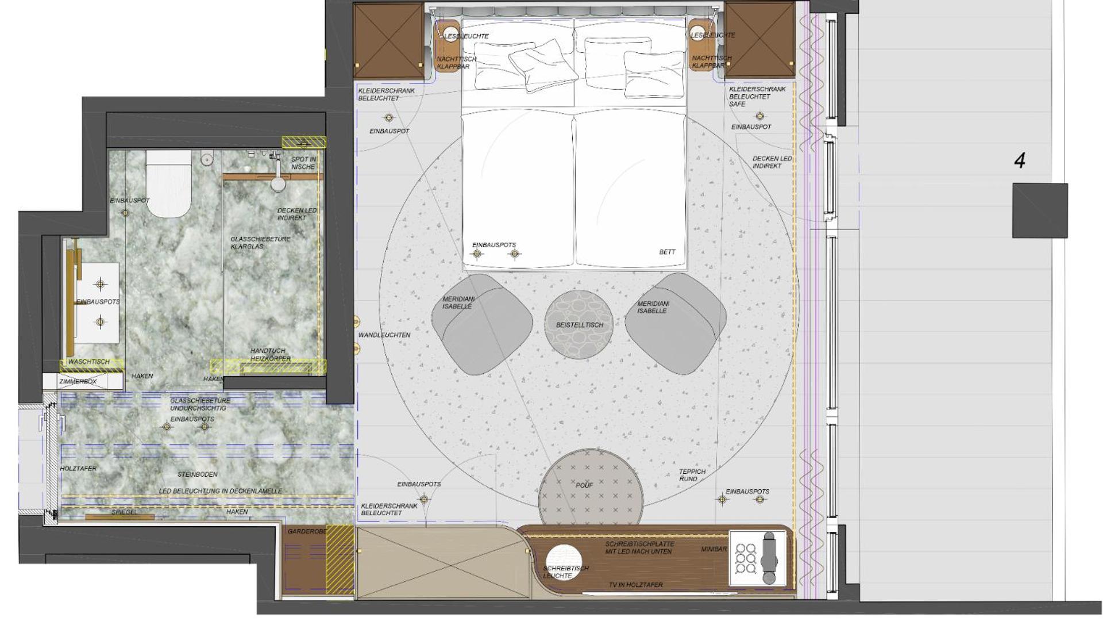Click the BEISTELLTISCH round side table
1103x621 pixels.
[x=579, y=325]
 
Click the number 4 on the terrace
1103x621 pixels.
[x=1020, y=160]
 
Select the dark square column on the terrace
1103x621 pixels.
[x=1040, y=210]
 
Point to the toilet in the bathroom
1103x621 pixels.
[x=168, y=183]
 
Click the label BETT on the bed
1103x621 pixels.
[x=667, y=252]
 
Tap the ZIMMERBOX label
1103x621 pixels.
[x=78, y=381]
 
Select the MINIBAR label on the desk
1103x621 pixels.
[x=714, y=549]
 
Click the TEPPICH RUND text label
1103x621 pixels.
[x=692, y=475]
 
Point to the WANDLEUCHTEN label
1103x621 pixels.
[x=384, y=335]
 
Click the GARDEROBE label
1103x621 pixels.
[x=307, y=531]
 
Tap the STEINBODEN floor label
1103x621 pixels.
[x=197, y=474]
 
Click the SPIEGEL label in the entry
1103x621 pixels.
[x=124, y=512]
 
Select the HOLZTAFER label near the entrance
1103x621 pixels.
[x=79, y=469]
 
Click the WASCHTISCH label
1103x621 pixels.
[x=89, y=362]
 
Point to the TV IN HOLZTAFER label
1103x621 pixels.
[x=635, y=585]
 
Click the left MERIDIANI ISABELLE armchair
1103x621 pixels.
[x=481, y=325]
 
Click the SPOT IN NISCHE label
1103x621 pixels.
[x=303, y=163]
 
